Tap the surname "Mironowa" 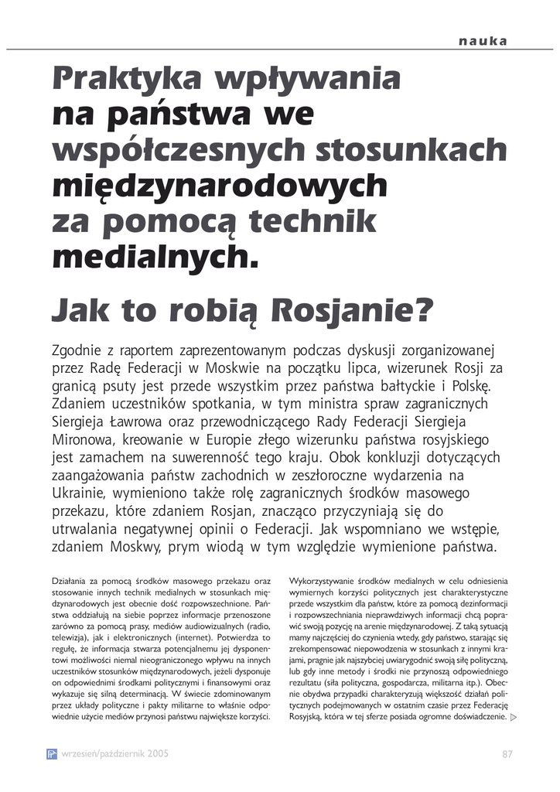point(81,441)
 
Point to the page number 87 point(507,753)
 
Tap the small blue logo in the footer point(52,753)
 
